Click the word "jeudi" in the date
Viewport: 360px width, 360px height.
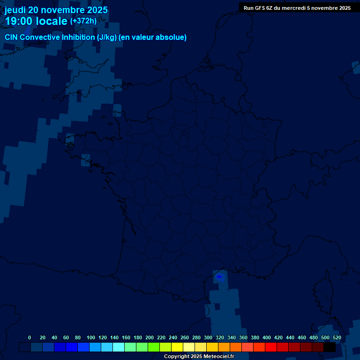tap(15, 10)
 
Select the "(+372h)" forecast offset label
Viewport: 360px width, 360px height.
tap(83, 21)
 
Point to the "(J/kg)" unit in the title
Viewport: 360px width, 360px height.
tap(107, 37)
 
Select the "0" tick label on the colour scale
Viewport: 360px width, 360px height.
tap(30, 337)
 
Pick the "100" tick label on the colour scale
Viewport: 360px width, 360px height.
tap(91, 337)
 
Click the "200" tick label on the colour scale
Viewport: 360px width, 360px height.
tap(150, 337)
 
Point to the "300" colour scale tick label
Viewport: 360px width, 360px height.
tap(208, 337)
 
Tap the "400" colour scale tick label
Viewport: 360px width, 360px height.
tap(267, 337)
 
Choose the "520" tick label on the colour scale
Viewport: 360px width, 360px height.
tap(337, 337)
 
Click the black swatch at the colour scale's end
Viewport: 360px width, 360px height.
tap(330, 347)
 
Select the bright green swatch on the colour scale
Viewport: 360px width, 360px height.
tap(154, 347)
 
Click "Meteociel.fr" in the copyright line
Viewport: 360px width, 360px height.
tap(218, 357)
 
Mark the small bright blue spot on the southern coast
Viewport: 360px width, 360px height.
tap(219, 277)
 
